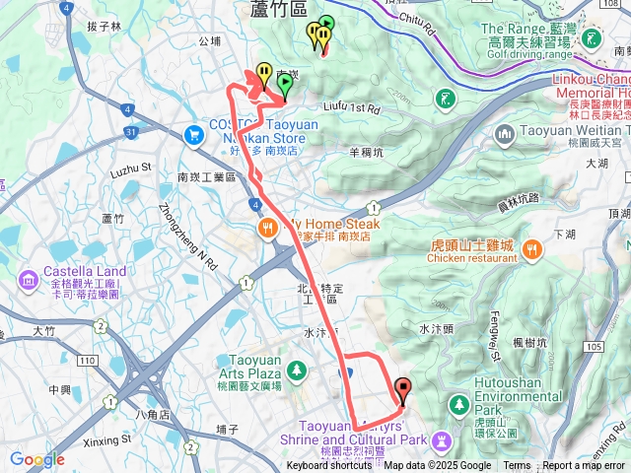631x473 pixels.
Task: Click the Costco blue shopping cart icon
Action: coord(195,132)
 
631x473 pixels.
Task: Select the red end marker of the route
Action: coord(402,388)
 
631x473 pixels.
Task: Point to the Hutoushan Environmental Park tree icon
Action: coord(457,405)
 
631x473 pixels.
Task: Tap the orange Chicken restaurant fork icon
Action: coord(533,247)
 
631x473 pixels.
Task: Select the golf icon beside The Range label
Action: coord(591,39)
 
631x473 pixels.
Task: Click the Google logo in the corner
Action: coord(36,459)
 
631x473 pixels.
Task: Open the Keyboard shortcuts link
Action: coord(329,466)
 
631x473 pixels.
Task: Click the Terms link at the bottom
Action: coord(517,466)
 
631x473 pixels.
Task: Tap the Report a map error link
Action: coord(585,466)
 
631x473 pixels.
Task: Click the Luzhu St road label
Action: coord(129,170)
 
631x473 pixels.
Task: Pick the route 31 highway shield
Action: coord(131,131)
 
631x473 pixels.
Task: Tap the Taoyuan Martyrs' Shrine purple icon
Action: coord(442,439)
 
